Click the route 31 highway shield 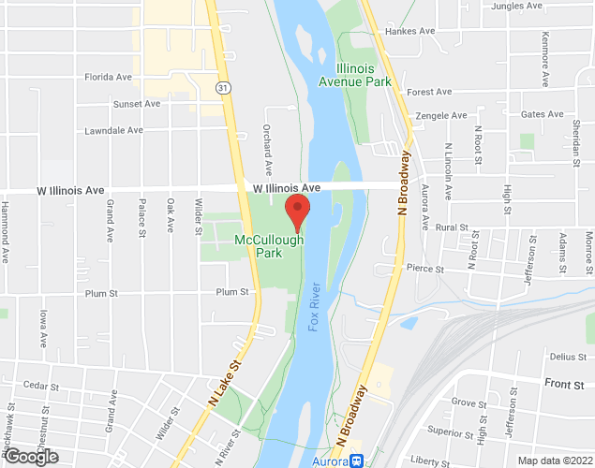click(x=222, y=87)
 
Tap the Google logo click(x=30, y=456)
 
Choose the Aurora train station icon click(x=356, y=461)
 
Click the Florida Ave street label click(x=108, y=77)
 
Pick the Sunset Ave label click(x=136, y=104)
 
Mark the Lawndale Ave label click(x=112, y=130)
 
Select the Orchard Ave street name click(x=268, y=150)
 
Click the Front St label click(x=564, y=384)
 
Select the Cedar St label click(x=40, y=386)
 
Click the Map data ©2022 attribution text click(x=554, y=460)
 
